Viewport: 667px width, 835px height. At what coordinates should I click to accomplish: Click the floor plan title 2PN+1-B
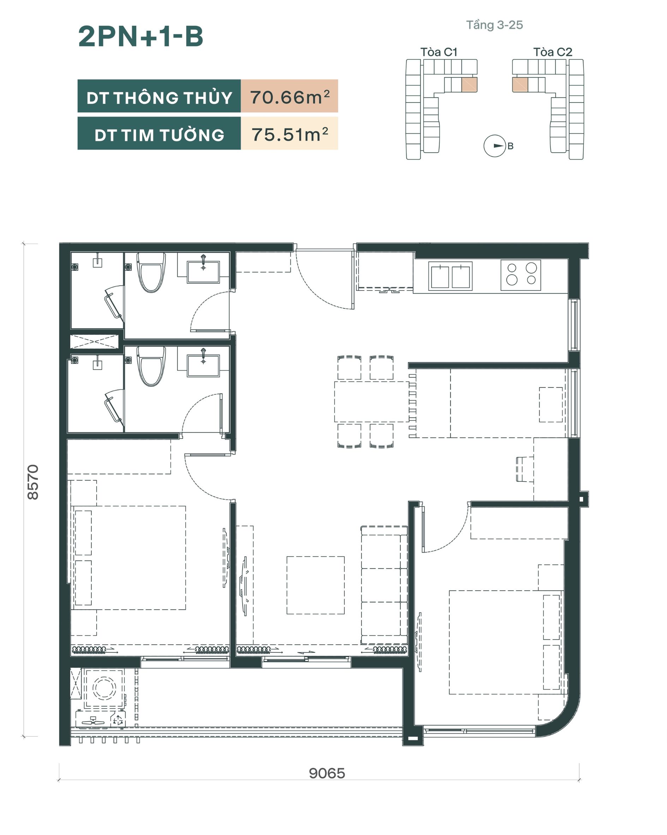tap(140, 37)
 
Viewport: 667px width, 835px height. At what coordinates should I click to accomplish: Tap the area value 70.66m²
tap(290, 97)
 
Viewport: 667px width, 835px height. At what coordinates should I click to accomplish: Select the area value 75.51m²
tap(290, 134)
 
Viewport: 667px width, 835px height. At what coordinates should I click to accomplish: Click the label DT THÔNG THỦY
tap(159, 97)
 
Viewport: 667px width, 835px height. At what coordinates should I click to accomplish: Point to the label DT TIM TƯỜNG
tap(159, 135)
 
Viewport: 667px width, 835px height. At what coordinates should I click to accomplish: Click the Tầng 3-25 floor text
tap(494, 25)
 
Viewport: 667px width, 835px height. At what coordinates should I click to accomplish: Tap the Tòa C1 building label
tap(439, 52)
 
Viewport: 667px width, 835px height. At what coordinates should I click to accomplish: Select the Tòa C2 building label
tap(552, 52)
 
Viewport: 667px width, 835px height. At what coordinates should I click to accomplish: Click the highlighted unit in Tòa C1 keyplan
tap(469, 84)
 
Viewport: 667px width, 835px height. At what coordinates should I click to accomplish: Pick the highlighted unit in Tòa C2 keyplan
tap(520, 84)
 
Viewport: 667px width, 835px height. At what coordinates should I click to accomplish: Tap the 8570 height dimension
tap(33, 482)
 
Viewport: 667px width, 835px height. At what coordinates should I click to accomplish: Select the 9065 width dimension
tap(327, 773)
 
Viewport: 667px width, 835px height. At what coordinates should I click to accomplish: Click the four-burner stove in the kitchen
tap(521, 275)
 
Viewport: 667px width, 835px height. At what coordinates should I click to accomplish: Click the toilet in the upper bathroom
tap(151, 272)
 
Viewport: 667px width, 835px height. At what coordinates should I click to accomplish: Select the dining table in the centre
tap(371, 402)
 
